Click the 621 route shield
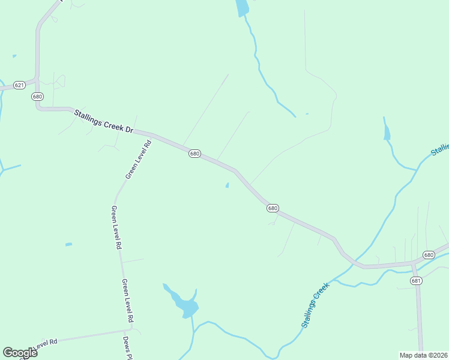(x=19, y=85)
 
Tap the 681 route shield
(x=417, y=280)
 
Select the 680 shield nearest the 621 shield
(x=38, y=97)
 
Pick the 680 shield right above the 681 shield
(x=428, y=255)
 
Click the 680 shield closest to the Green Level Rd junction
(x=194, y=154)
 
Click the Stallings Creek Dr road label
(x=103, y=120)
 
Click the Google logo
(x=20, y=353)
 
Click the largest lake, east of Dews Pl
(x=187, y=307)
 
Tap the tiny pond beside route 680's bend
(x=227, y=185)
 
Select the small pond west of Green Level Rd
(x=68, y=244)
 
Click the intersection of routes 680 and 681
(x=413, y=263)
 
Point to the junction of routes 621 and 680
(x=38, y=80)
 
